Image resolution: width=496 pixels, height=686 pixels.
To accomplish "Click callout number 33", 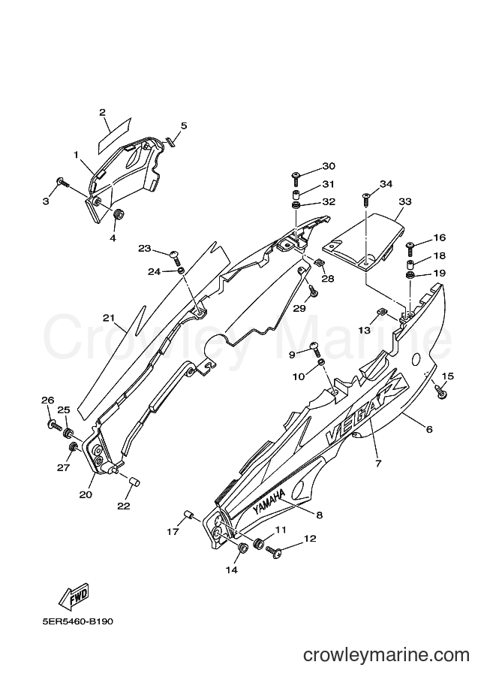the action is coord(405,201).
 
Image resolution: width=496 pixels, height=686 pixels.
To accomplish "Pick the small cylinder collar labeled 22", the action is coord(134,482).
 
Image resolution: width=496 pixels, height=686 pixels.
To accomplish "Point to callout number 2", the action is coord(102,113).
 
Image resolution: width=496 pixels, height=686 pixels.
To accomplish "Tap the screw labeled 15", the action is coord(440,390).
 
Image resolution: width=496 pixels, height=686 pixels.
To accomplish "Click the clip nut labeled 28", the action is coord(319,263).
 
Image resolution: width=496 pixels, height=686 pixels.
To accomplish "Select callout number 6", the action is coord(429,429).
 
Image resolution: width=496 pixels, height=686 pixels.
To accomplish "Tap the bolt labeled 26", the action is coord(54,424).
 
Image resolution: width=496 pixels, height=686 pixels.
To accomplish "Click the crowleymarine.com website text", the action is coord(386,654).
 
